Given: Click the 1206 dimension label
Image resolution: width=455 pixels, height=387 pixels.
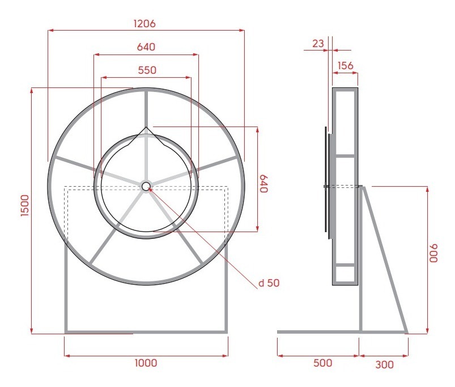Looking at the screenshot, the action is pyautogui.click(x=144, y=23).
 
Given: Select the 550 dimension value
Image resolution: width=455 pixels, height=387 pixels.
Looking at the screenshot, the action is pyautogui.click(x=147, y=70).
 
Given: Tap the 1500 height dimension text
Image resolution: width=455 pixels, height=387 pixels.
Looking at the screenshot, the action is pyautogui.click(x=25, y=205).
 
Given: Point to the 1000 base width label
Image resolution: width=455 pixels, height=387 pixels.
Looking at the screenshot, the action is pyautogui.click(x=146, y=363).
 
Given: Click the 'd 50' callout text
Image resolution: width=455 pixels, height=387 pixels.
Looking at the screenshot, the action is pyautogui.click(x=269, y=283).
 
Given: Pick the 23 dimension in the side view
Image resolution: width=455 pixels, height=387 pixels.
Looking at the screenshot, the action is pyautogui.click(x=318, y=44).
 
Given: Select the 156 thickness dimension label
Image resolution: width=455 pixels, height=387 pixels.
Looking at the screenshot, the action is pyautogui.click(x=345, y=66).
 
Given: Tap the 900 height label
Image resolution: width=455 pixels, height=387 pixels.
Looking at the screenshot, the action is pyautogui.click(x=433, y=253).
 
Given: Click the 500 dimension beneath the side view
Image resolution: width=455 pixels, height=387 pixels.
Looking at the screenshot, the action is pyautogui.click(x=322, y=363).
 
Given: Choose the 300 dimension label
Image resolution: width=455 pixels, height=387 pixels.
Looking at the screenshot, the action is pyautogui.click(x=385, y=365).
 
